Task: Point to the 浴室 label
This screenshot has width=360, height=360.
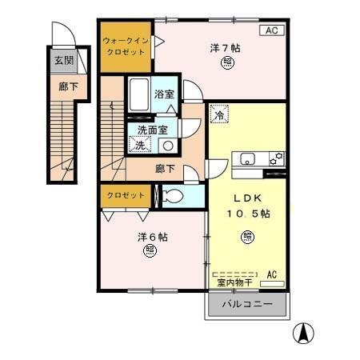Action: point(166,93)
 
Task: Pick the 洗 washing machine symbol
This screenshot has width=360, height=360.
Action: point(139,145)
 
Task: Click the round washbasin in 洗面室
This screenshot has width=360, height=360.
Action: point(168,145)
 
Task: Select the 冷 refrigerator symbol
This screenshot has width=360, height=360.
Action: point(218,115)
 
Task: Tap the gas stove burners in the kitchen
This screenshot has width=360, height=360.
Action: point(277,158)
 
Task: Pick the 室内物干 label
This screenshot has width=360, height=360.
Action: point(234,282)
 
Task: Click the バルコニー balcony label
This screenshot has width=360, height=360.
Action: point(247,306)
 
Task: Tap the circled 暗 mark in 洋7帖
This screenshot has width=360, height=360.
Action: point(229,64)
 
